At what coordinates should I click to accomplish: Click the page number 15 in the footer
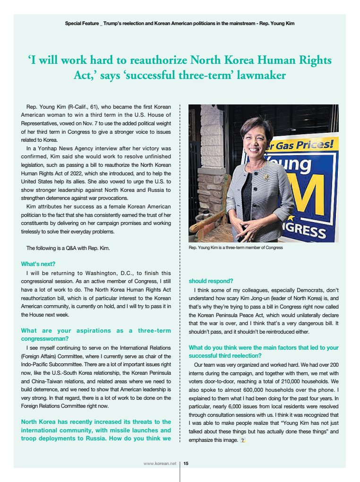[x=186, y=464]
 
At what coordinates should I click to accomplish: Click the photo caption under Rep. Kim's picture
[x=236, y=248]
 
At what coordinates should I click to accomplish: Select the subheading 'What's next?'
[x=38, y=264]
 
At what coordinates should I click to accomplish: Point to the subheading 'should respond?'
[x=211, y=280]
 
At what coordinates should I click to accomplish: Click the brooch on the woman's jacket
[x=267, y=177]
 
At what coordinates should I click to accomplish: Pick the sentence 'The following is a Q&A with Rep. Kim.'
[x=68, y=248]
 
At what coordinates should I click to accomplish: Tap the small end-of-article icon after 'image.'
[x=243, y=440]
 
